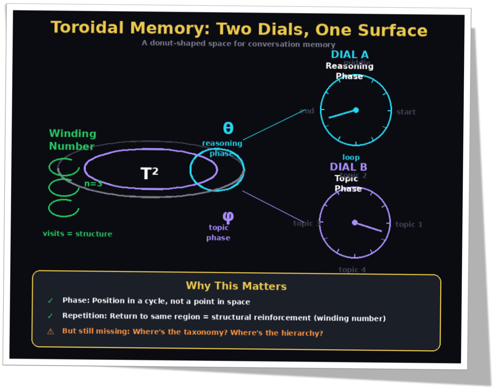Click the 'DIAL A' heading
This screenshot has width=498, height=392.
[350, 54]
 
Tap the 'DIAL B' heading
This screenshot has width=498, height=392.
[348, 167]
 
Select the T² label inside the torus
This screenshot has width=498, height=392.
[149, 173]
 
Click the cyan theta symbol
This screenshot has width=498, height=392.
[228, 128]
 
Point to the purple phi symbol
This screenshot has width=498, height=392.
[228, 217]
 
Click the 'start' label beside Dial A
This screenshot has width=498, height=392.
[406, 112]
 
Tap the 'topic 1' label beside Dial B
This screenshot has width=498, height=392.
[409, 225]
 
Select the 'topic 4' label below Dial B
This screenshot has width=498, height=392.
[352, 270]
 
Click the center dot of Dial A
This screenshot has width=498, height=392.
[356, 110]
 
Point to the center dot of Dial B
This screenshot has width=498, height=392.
[355, 223]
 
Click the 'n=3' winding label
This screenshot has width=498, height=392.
[93, 184]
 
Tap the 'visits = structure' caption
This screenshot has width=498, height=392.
[78, 234]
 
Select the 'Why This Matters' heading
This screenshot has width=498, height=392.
[236, 286]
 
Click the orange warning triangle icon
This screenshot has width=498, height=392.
[50, 331]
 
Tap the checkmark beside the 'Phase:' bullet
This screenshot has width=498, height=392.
[50, 300]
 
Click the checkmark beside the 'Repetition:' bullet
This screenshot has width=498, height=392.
[50, 316]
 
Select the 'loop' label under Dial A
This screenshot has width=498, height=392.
[351, 157]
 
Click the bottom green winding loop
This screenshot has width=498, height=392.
[64, 208]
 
